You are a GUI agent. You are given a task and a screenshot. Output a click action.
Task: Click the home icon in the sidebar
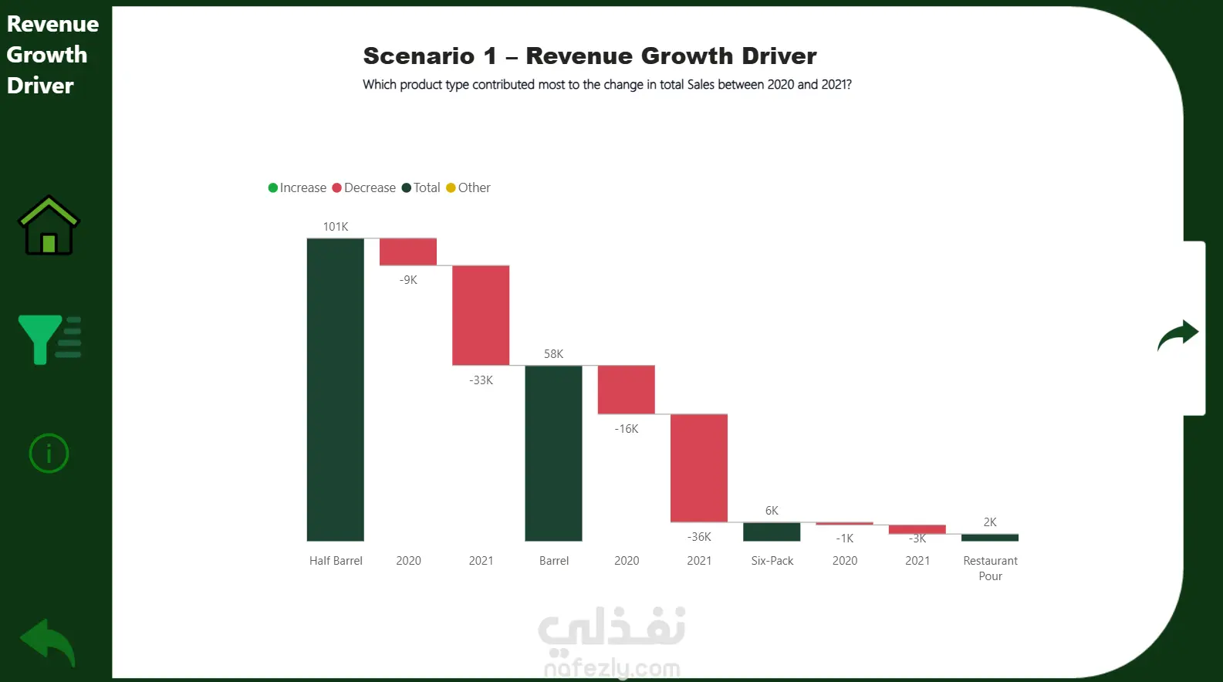[x=49, y=226]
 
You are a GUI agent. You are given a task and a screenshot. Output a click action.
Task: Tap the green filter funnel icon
[x=49, y=339]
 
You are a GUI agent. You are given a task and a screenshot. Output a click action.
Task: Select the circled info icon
[x=49, y=453]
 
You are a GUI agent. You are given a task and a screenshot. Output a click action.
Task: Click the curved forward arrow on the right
[x=1177, y=335]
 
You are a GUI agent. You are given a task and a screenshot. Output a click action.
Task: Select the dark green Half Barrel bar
[x=336, y=390]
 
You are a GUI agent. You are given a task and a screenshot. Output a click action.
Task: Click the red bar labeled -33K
[x=481, y=315]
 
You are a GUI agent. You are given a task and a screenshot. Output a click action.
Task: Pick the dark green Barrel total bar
[x=553, y=453]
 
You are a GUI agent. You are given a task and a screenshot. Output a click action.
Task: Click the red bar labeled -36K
[x=699, y=468]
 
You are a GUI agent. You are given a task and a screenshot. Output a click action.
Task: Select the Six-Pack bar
[x=772, y=532]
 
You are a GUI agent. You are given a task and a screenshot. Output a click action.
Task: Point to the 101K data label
[x=336, y=227]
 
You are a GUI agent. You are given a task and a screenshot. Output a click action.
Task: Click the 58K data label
[x=553, y=354]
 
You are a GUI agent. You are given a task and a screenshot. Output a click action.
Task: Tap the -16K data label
[x=627, y=429]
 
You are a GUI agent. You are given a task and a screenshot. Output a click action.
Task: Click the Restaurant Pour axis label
[x=990, y=568]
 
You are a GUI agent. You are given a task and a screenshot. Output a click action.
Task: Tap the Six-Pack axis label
[x=772, y=561]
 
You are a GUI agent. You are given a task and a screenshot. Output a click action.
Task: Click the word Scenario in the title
[x=419, y=56]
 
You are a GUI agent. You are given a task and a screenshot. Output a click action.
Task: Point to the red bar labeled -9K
[x=408, y=252]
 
